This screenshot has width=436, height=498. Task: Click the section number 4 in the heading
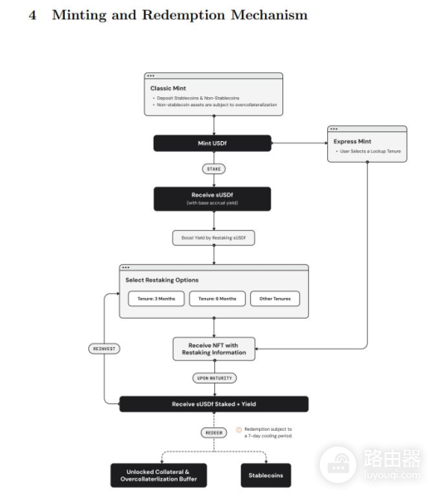pyautogui.click(x=32, y=16)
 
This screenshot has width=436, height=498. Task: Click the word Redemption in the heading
pyautogui.click(x=184, y=16)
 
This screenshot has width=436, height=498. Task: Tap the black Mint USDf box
pyautogui.click(x=213, y=144)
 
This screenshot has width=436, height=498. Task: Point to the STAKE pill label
pyautogui.click(x=213, y=168)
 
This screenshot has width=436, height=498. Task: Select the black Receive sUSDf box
pyautogui.click(x=213, y=198)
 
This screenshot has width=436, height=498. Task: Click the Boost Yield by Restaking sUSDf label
pyautogui.click(x=213, y=238)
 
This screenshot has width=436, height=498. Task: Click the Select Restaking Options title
pyautogui.click(x=163, y=280)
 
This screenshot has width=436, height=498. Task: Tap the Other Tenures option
pyautogui.click(x=275, y=299)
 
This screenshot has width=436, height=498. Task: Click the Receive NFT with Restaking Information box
pyautogui.click(x=214, y=349)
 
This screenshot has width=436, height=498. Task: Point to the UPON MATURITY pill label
pyautogui.click(x=213, y=378)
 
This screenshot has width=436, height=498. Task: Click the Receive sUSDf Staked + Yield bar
pyautogui.click(x=213, y=404)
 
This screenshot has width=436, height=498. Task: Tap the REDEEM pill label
pyautogui.click(x=213, y=432)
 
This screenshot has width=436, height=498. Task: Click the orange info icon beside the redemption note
pyautogui.click(x=238, y=430)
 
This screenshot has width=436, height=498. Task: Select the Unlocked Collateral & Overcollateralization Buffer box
pyautogui.click(x=158, y=475)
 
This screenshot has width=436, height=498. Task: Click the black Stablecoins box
pyautogui.click(x=266, y=476)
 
